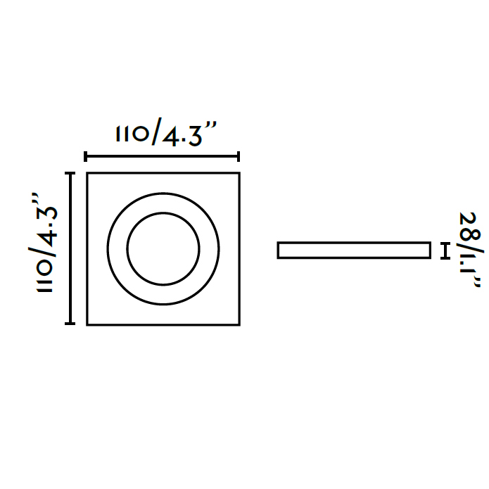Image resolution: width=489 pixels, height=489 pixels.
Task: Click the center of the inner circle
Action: point(163,248)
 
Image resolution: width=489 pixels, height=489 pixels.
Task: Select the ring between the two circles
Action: point(118,248)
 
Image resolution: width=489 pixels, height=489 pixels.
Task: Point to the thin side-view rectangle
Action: point(353,250)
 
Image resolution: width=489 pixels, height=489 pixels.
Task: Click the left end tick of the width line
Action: point(85,157)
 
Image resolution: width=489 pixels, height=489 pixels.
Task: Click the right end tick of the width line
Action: point(239,157)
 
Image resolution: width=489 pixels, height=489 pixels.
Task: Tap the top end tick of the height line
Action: point(70,172)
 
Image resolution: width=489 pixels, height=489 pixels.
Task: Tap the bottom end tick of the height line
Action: point(70,324)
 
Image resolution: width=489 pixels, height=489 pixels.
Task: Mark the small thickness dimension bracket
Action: point(445,250)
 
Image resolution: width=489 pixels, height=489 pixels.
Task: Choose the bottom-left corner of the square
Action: point(87,324)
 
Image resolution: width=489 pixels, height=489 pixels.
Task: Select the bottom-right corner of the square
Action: point(239,324)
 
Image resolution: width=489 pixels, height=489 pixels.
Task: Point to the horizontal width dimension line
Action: point(163,157)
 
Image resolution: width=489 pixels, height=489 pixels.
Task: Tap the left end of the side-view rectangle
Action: point(279,250)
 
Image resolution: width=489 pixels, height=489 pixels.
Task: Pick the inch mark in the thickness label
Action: point(478,282)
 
